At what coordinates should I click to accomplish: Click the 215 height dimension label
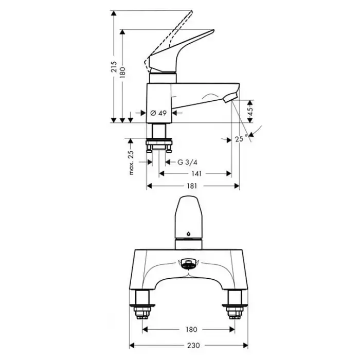pos(114,66)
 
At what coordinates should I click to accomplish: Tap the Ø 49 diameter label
pos(158,113)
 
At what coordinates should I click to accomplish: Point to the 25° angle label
pos(241,138)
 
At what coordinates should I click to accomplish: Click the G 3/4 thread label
pos(187,163)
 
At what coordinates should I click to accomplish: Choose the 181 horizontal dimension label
pos(192,186)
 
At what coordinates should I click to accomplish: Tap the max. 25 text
pos(131,163)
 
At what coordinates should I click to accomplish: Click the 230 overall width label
pos(193,345)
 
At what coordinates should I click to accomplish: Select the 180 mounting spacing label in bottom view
pos(191,330)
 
